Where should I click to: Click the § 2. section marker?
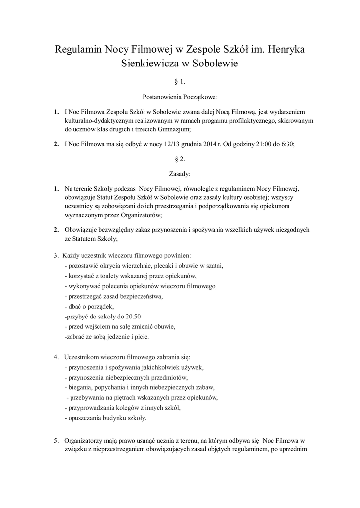[180, 159]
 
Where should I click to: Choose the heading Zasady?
[180, 174]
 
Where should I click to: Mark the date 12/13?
[160, 144]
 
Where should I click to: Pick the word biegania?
[78, 387]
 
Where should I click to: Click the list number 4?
[56, 357]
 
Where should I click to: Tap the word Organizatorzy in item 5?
[85, 440]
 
